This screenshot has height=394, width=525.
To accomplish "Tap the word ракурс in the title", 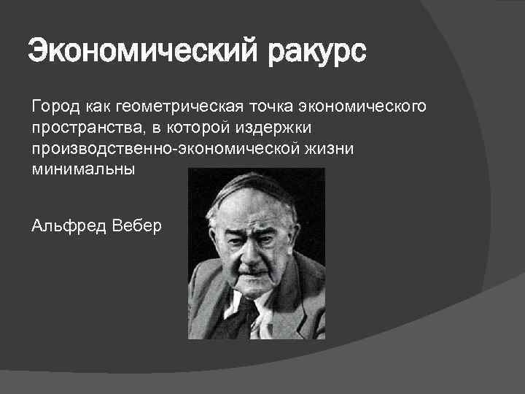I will pyautogui.click(x=316, y=53).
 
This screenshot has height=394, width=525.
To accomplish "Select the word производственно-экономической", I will pyautogui.click(x=151, y=149).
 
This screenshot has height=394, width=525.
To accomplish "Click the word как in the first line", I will pyautogui.click(x=98, y=108).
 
